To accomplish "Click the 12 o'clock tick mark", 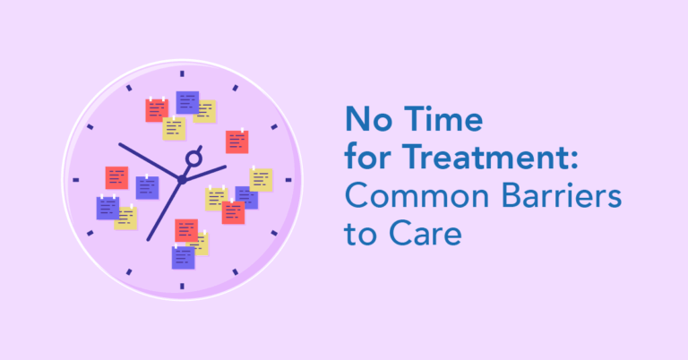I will (x=182, y=73).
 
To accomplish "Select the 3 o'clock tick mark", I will (x=288, y=179).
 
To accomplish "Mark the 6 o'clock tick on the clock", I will (x=182, y=286).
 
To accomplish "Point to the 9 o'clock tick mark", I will (x=75, y=179).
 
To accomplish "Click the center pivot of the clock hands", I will (x=182, y=179).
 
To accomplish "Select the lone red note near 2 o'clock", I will (x=236, y=141).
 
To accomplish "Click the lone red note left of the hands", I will (x=116, y=177).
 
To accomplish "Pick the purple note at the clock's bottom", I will (x=183, y=257).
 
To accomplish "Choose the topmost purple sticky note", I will (x=187, y=102).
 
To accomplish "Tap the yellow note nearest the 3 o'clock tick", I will (x=261, y=179).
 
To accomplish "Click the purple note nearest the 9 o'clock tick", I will (x=107, y=208).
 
